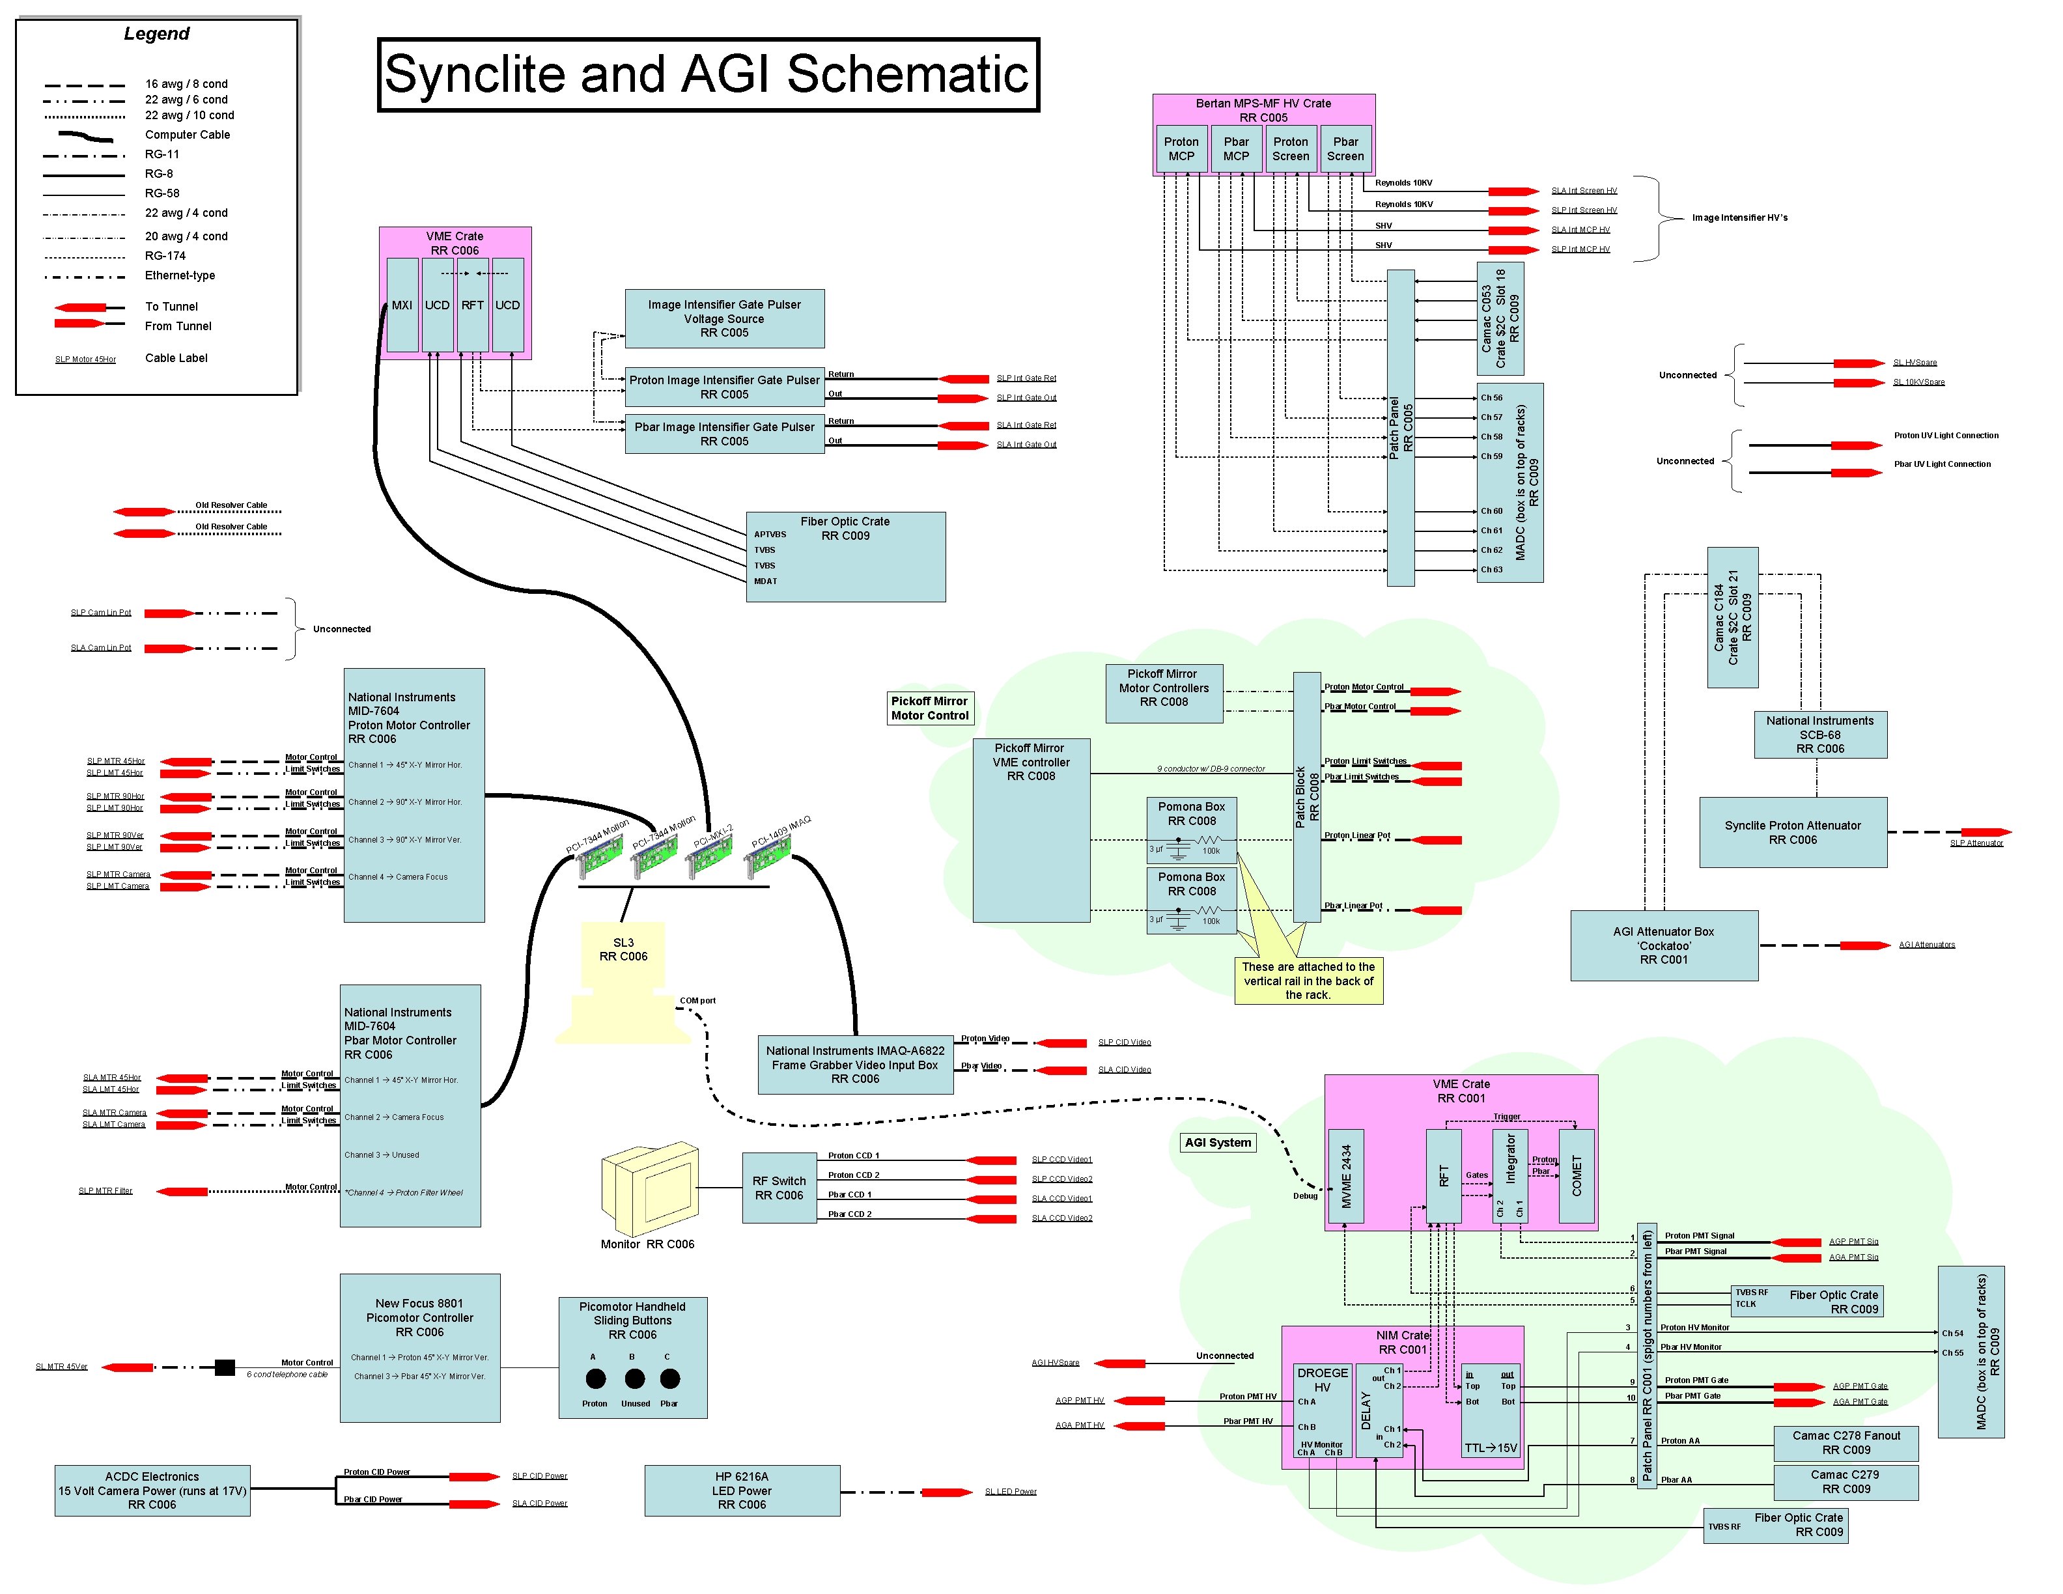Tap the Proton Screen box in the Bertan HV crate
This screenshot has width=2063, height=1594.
1289,149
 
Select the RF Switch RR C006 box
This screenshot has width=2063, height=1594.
778,1188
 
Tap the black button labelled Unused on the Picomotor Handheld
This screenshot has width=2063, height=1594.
635,1378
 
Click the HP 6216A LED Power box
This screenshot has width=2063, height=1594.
742,1490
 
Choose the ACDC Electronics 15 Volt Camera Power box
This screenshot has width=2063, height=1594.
152,1490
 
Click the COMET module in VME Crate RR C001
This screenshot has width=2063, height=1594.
1576,1176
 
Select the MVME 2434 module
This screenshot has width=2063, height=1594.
1345,1176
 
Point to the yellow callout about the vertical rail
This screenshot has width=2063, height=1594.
1308,980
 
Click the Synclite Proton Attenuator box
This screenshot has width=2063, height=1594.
1792,832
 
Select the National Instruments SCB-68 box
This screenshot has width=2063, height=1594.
1819,734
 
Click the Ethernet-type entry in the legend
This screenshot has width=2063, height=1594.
180,275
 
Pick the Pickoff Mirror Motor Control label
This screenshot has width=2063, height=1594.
929,708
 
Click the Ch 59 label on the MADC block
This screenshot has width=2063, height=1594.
1491,456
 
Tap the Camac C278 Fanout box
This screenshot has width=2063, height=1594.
1845,1442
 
